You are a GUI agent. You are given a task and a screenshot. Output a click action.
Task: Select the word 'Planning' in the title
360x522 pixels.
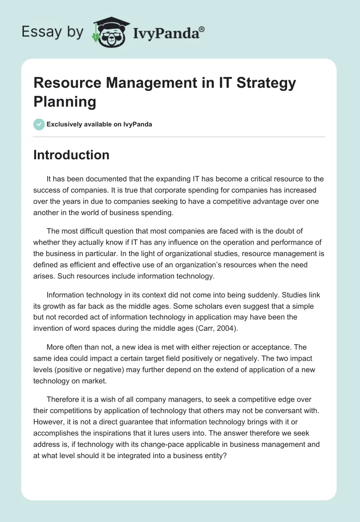(65, 102)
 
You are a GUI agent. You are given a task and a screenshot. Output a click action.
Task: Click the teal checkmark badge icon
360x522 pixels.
(39, 124)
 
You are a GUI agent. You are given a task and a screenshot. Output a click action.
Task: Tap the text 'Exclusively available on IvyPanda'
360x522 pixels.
(99, 124)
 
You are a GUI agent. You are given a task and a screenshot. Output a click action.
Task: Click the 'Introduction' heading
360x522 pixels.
(72, 155)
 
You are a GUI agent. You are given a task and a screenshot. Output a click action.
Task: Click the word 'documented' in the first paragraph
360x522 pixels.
(112, 179)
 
